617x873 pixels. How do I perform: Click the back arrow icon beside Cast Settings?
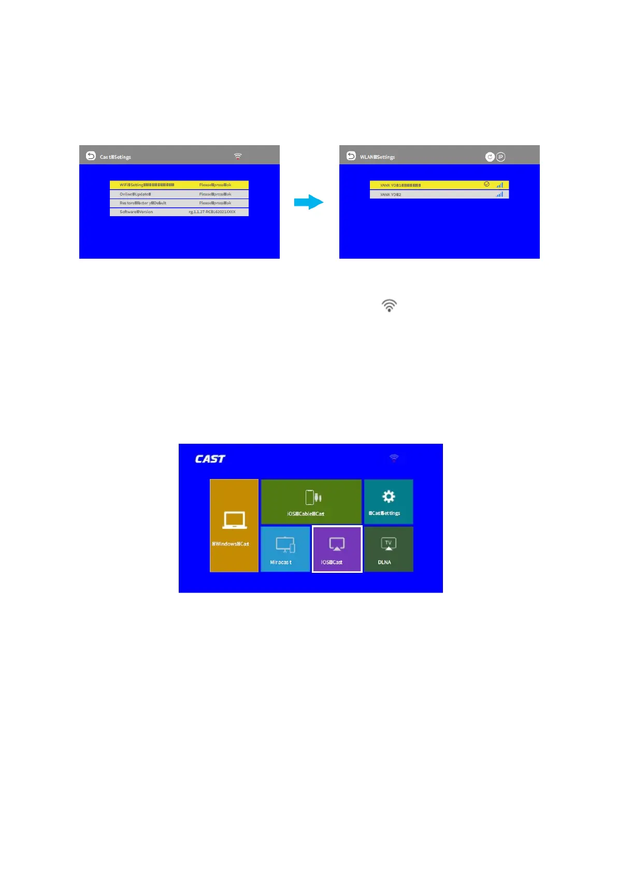pyautogui.click(x=91, y=156)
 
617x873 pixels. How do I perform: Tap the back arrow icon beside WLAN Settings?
pyautogui.click(x=351, y=156)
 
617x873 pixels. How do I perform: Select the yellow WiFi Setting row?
pyautogui.click(x=179, y=185)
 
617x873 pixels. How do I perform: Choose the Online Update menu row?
pyautogui.click(x=179, y=194)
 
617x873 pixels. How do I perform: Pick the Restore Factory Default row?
pyautogui.click(x=179, y=203)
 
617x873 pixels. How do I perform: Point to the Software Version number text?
pyautogui.click(x=212, y=212)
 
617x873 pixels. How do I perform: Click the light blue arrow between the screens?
pyautogui.click(x=309, y=202)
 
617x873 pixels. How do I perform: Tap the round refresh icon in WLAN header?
pyautogui.click(x=490, y=157)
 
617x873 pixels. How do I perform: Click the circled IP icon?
pyautogui.click(x=500, y=157)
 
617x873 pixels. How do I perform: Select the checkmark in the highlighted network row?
pyautogui.click(x=486, y=184)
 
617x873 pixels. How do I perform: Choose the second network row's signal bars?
pyautogui.click(x=499, y=194)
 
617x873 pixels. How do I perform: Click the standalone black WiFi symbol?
pyautogui.click(x=389, y=305)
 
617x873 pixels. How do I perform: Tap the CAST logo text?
pyautogui.click(x=210, y=459)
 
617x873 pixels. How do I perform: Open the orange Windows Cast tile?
pyautogui.click(x=234, y=525)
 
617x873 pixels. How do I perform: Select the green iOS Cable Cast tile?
pyautogui.click(x=311, y=501)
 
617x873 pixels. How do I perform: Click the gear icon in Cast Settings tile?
pyautogui.click(x=389, y=497)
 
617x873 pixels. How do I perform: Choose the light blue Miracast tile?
pyautogui.click(x=285, y=549)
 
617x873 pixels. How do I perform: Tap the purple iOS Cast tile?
pyautogui.click(x=337, y=549)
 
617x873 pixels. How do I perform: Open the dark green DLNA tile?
pyautogui.click(x=389, y=549)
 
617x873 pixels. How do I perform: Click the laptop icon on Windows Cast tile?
pyautogui.click(x=234, y=519)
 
